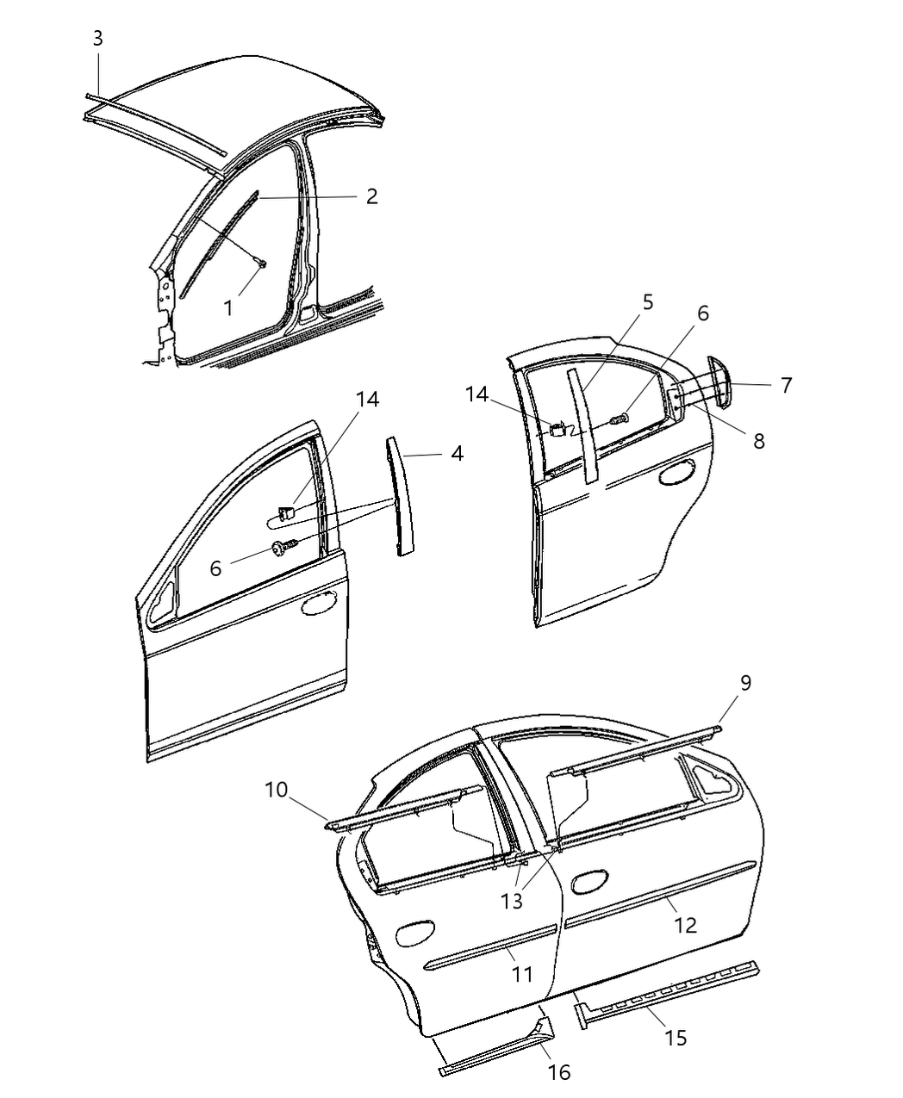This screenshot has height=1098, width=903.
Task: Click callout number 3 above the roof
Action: click(97, 38)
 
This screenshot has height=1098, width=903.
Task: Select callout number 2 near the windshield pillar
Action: click(371, 196)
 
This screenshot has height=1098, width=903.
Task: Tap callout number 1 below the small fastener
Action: click(228, 307)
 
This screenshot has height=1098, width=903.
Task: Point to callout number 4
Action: click(457, 453)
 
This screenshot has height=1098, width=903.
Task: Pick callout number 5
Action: click(647, 302)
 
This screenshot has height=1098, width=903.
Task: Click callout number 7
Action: click(786, 385)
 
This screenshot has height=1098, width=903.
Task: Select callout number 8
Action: click(758, 440)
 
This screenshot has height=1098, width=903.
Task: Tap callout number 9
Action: click(745, 683)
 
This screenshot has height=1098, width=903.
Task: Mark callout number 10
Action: click(276, 790)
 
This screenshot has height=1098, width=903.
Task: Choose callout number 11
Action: click(522, 974)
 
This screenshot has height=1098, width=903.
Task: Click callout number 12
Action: click(685, 925)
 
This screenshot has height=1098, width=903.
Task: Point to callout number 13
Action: click(512, 902)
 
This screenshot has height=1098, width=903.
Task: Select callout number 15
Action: click(676, 1038)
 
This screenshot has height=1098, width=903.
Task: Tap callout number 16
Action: click(558, 1071)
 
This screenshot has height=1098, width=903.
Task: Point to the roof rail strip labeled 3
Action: click(155, 126)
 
